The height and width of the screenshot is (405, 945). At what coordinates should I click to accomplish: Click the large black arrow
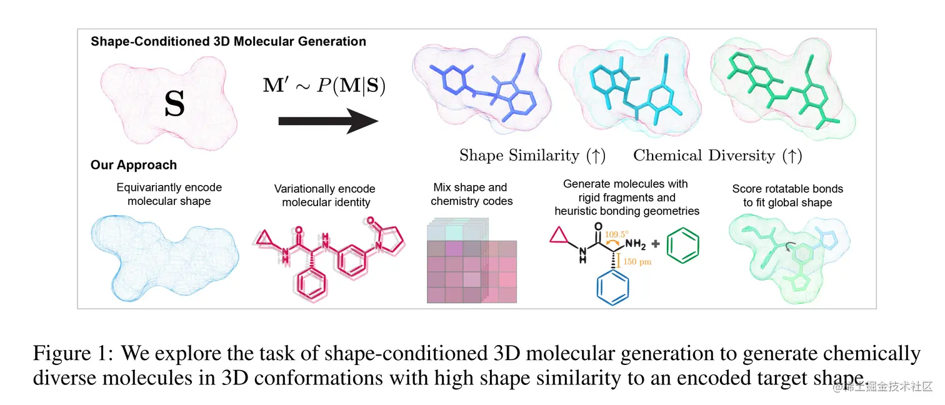(328, 120)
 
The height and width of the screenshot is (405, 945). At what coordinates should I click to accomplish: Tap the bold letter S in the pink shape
(174, 105)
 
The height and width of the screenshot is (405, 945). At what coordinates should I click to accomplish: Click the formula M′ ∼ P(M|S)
(324, 85)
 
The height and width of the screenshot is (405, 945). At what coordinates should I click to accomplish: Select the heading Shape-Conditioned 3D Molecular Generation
(228, 42)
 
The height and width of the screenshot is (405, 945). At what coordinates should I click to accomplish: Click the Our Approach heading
(134, 165)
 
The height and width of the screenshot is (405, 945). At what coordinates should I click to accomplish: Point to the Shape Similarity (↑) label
(532, 155)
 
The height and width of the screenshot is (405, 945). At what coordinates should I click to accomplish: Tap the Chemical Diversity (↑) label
(717, 155)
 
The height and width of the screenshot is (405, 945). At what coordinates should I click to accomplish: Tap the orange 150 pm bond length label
(637, 262)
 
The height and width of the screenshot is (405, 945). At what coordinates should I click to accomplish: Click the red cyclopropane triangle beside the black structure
(559, 236)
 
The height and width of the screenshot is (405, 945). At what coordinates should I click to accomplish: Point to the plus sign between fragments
(654, 246)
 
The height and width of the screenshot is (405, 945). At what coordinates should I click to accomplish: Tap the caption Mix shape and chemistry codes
(471, 194)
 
